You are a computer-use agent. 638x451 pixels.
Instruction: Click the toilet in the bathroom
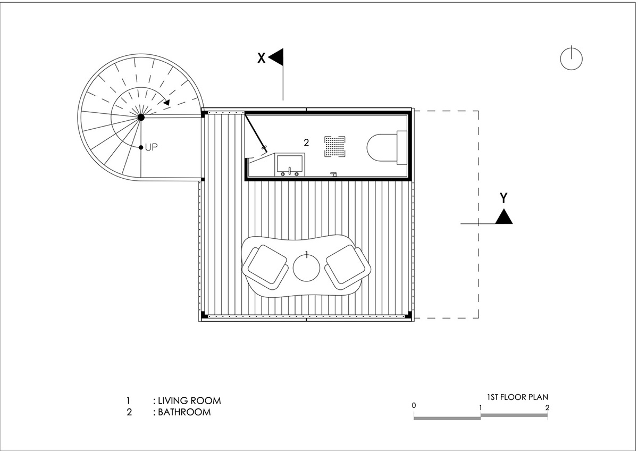[387, 147]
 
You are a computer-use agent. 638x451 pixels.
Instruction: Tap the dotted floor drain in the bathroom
[335, 146]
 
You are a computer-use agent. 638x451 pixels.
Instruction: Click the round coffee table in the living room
[306, 268]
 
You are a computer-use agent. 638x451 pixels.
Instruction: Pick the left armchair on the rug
[265, 267]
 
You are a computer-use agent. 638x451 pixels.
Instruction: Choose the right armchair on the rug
[348, 267]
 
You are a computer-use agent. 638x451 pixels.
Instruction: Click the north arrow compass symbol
[571, 59]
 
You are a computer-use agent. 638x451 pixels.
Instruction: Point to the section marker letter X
[261, 58]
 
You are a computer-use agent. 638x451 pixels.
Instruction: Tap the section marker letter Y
[503, 198]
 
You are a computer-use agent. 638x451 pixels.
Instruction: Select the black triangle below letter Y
[504, 216]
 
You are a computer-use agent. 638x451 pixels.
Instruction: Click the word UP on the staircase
[151, 147]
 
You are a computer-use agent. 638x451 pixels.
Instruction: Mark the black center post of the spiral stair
[141, 117]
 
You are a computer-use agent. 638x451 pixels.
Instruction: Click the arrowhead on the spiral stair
[166, 103]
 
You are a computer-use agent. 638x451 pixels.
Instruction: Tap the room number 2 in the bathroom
[306, 143]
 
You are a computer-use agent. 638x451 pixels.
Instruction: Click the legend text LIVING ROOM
[189, 400]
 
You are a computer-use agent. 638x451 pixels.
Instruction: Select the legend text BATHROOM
[184, 412]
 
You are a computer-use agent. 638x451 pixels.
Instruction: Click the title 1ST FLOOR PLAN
[517, 397]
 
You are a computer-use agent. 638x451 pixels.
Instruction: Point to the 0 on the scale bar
[414, 405]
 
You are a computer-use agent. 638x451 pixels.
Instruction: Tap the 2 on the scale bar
[547, 408]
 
